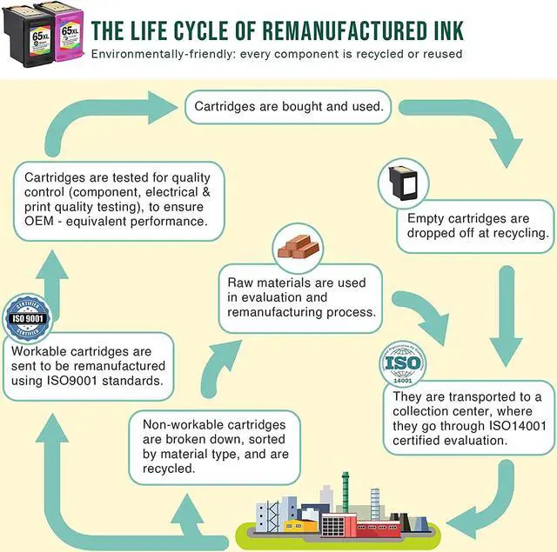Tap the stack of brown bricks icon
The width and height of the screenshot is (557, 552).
click(x=297, y=247)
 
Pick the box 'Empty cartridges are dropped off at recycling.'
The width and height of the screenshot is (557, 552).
click(x=478, y=225)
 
